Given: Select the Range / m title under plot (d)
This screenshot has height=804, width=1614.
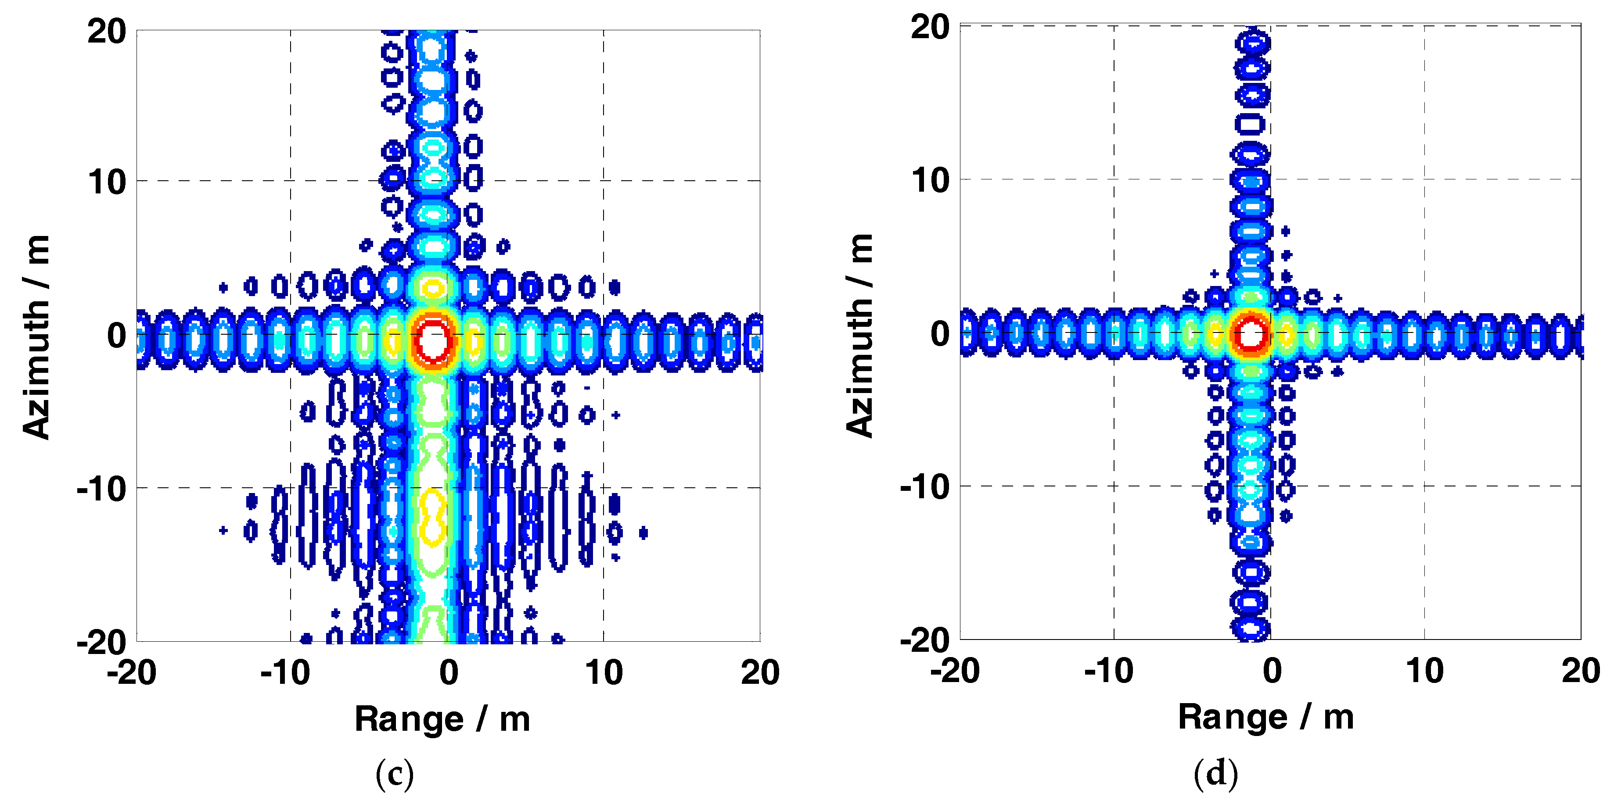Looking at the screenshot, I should (x=1265, y=717).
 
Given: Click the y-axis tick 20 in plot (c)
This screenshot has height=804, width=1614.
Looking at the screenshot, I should (x=107, y=31).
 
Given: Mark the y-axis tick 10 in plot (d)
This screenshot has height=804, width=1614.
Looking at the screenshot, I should (x=931, y=180).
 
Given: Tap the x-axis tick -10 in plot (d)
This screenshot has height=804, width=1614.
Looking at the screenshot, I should (x=1109, y=671).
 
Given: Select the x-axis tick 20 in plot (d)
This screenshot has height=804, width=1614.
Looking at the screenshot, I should (x=1581, y=671).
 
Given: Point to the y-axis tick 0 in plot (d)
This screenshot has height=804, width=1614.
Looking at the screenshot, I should (x=940, y=334).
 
